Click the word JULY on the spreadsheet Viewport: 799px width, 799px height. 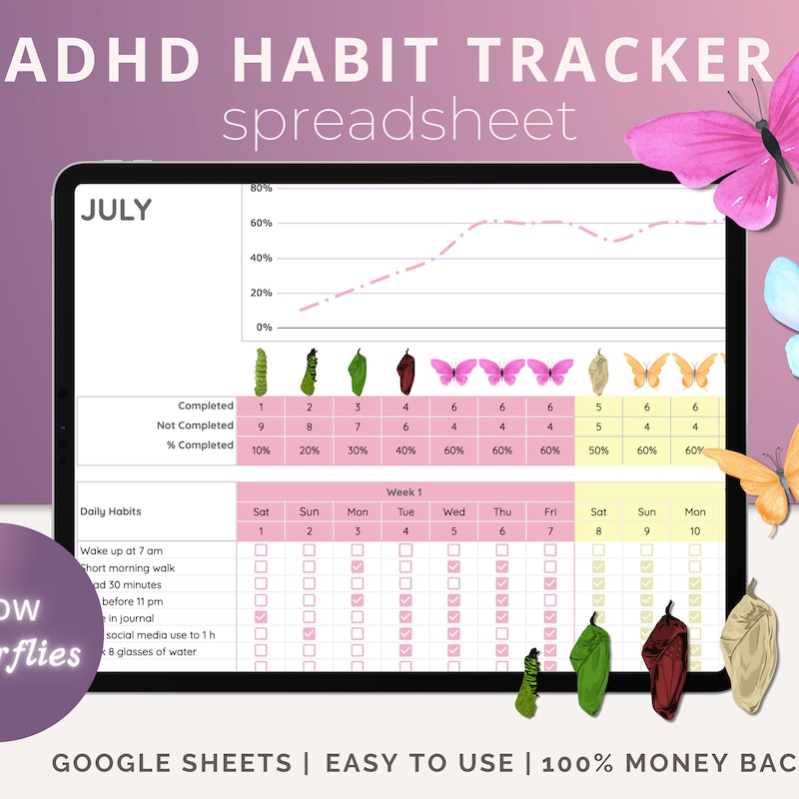(116, 210)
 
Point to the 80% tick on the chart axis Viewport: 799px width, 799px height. (261, 188)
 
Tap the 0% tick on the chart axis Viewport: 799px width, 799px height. (263, 328)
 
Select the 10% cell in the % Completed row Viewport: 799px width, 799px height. (261, 449)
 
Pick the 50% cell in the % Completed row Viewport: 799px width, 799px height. (598, 449)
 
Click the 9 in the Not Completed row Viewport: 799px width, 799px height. (261, 426)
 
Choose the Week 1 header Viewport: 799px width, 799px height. (404, 492)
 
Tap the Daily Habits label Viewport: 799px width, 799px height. (111, 511)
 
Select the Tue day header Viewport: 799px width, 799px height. (405, 511)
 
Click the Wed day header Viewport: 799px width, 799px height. (453, 511)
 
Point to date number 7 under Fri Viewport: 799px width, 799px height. (550, 530)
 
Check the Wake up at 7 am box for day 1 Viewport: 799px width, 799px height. (261, 550)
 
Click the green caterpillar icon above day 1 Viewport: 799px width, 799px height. (262, 371)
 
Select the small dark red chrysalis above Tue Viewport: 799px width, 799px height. (405, 371)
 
